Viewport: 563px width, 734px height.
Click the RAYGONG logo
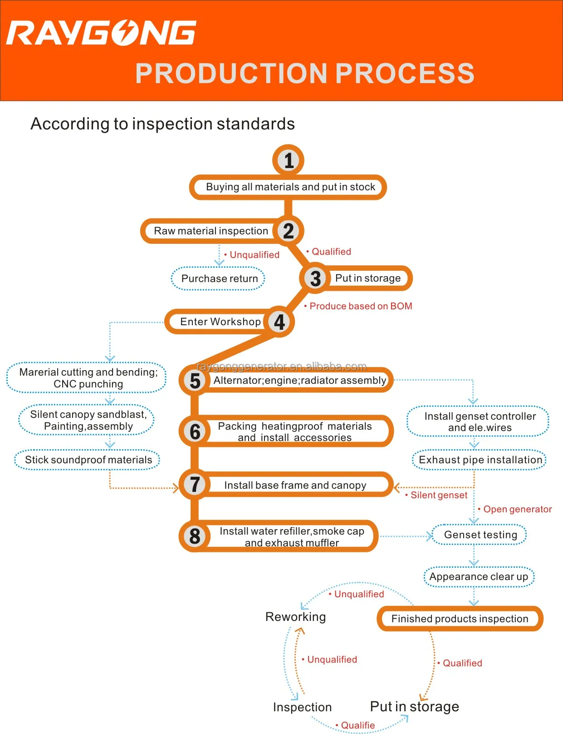pyautogui.click(x=101, y=33)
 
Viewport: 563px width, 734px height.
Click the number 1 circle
pyautogui.click(x=289, y=160)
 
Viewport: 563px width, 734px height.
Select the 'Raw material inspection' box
pyautogui.click(x=211, y=231)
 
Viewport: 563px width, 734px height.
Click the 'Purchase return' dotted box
pyautogui.click(x=219, y=278)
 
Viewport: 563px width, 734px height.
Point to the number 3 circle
pyautogui.click(x=315, y=278)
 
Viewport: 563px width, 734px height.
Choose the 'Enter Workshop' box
pyautogui.click(x=220, y=322)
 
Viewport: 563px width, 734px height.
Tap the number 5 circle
pyautogui.click(x=195, y=381)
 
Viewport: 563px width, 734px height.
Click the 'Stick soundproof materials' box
pyautogui.click(x=88, y=460)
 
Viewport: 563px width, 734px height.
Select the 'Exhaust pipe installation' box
pyautogui.click(x=480, y=460)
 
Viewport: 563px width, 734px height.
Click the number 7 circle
pyautogui.click(x=195, y=485)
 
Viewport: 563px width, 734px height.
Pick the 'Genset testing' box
pyautogui.click(x=480, y=535)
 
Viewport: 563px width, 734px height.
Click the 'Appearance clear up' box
pyautogui.click(x=479, y=576)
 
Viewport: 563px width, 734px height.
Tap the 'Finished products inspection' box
pyautogui.click(x=460, y=619)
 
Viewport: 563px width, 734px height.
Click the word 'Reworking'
pyautogui.click(x=295, y=616)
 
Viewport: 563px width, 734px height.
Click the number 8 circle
pyautogui.click(x=195, y=536)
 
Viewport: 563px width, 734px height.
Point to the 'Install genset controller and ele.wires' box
pyautogui.click(x=479, y=422)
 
